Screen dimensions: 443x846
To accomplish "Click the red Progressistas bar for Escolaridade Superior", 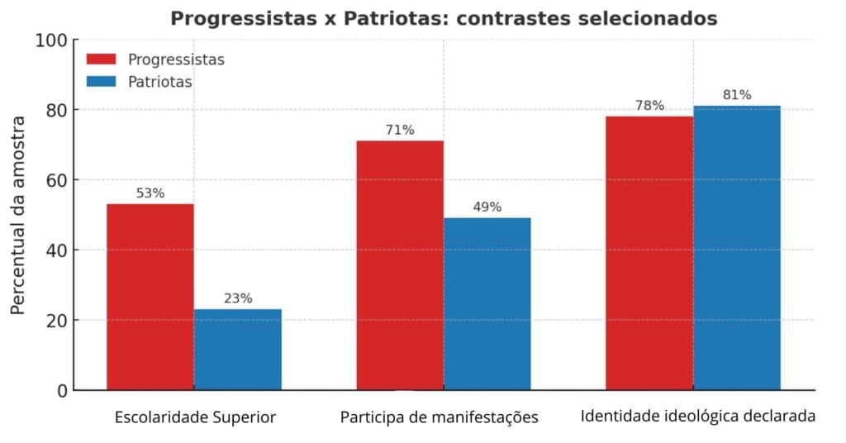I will click(x=150, y=297).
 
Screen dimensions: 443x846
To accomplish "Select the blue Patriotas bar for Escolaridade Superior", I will click(x=238, y=349).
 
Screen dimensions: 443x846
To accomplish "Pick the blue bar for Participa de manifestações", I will click(x=487, y=303).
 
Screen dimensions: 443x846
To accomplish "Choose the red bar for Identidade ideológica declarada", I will click(x=649, y=252).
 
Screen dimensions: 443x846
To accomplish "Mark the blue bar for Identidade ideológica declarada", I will click(x=737, y=247).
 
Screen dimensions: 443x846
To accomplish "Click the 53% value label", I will click(x=150, y=193).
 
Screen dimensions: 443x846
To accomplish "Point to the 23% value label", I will click(x=238, y=298).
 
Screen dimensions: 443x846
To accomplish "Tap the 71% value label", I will click(x=400, y=130).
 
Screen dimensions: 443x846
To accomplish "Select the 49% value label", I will click(x=487, y=207).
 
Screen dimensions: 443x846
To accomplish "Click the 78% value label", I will click(x=649, y=106).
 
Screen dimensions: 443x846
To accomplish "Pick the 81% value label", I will click(x=737, y=95).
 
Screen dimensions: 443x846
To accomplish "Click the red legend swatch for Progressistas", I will click(x=101, y=60).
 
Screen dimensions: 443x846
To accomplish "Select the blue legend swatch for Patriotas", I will click(x=101, y=82).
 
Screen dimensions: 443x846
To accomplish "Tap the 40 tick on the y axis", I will click(x=58, y=250).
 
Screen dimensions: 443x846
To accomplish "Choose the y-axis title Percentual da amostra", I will click(x=18, y=215).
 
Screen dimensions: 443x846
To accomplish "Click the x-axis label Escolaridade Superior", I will click(x=195, y=417).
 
